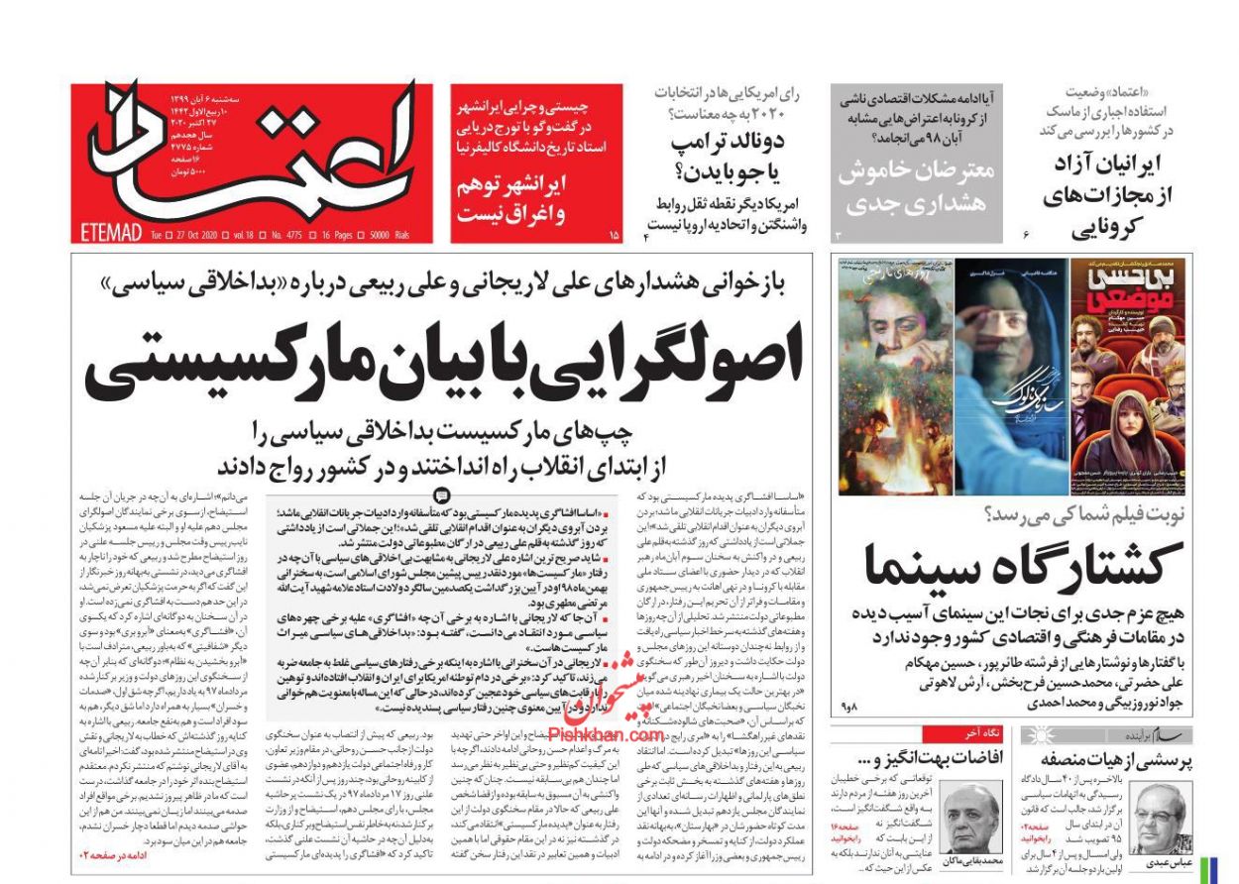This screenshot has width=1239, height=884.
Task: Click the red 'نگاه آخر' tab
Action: [x=950, y=734]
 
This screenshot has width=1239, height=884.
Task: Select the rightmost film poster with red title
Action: [x=1131, y=377]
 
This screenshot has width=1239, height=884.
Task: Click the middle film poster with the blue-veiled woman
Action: [x=1012, y=377]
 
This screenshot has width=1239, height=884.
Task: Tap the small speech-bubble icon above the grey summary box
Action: [x=442, y=496]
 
